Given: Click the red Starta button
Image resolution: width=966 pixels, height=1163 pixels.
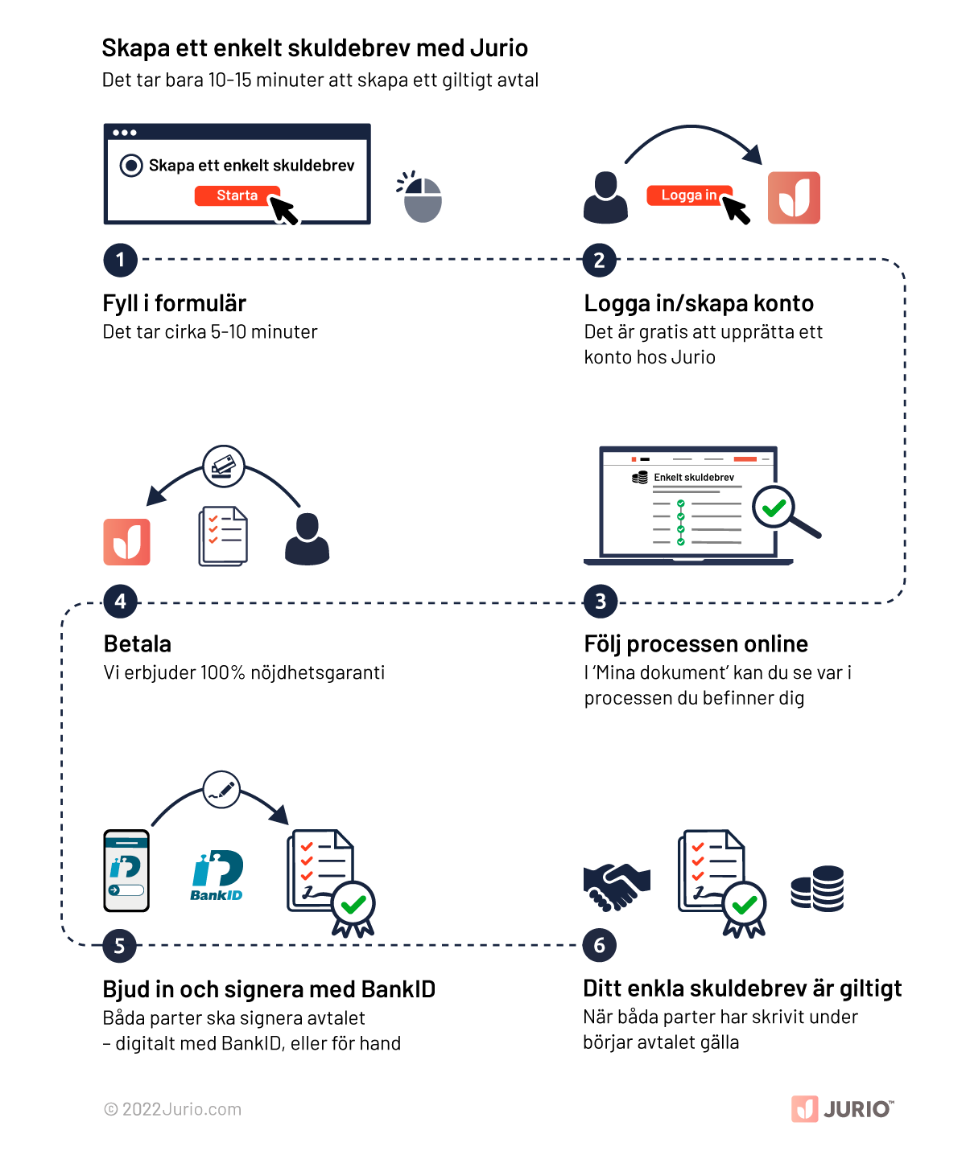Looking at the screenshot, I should (237, 195).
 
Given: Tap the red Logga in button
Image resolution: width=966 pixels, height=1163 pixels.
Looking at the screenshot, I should (689, 195).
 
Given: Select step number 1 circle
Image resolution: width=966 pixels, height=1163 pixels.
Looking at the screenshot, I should (120, 260).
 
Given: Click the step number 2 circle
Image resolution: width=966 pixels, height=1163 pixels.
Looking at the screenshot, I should (599, 261).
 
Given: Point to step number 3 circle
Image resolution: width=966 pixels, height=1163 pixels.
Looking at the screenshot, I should (600, 602).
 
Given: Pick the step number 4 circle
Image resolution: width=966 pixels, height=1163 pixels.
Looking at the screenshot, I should (120, 602).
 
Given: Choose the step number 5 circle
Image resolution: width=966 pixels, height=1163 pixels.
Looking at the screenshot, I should (119, 946).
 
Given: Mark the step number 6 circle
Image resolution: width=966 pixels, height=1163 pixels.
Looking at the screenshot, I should (599, 946).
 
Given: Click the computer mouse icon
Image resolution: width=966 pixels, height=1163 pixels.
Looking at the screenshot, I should (422, 198).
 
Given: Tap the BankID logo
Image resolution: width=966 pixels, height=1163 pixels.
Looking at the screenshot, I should (217, 875).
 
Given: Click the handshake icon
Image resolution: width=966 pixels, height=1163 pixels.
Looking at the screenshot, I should (617, 886).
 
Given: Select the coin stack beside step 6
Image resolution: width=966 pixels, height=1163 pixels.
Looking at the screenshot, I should (818, 889).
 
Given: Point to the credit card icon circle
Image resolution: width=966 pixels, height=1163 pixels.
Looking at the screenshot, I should (224, 466).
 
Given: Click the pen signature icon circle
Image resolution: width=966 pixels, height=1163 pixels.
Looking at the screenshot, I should (221, 790).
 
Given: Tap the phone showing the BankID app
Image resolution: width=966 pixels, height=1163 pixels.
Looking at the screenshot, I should (126, 871).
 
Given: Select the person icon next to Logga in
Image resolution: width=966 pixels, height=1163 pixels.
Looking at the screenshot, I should (605, 198).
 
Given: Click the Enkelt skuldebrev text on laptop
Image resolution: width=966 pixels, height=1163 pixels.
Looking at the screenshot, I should (694, 477).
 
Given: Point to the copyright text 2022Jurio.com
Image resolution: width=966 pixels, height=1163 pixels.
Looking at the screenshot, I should (173, 1109).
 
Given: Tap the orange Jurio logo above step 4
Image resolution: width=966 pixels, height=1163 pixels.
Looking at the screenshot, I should (126, 542).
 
